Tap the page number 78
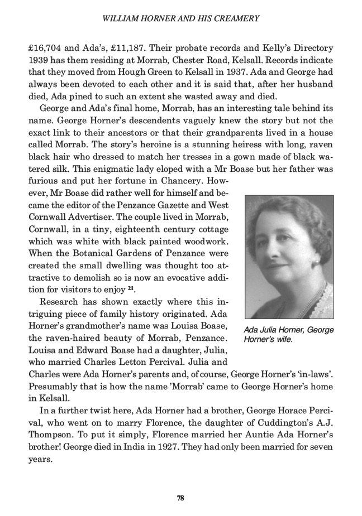[x=181, y=498]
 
